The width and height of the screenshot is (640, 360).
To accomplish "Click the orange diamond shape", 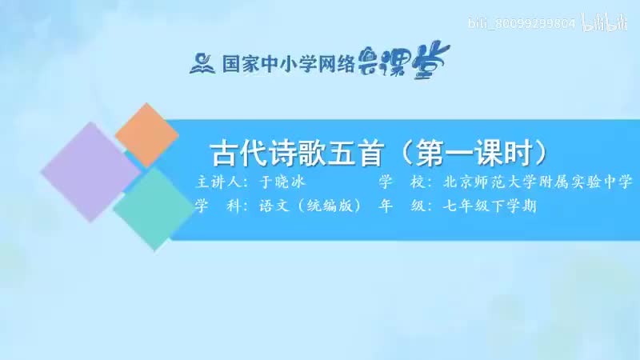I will [146, 134].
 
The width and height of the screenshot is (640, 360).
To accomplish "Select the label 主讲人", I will [219, 182].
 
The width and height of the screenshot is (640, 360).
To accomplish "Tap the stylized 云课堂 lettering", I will [411, 58].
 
